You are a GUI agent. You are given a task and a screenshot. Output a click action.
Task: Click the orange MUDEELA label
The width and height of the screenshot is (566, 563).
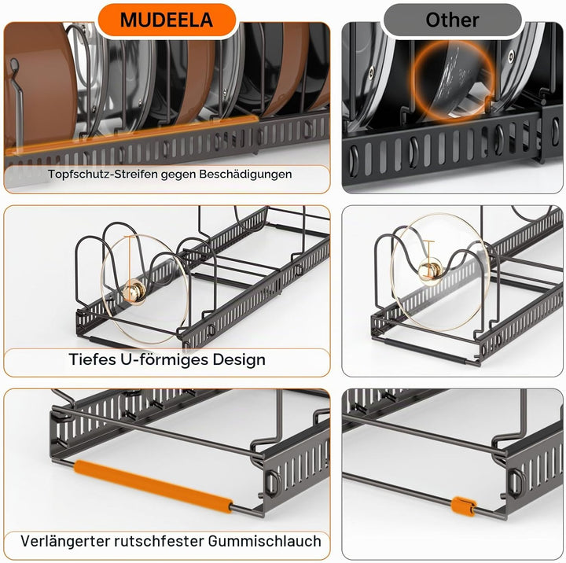pos(167,20)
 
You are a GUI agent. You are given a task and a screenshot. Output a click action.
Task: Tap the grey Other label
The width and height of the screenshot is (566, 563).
pos(452,20)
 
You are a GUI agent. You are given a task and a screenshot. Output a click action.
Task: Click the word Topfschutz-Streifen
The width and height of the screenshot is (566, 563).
pos(102,174)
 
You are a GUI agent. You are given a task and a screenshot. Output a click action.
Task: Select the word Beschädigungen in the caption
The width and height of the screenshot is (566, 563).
pos(245,174)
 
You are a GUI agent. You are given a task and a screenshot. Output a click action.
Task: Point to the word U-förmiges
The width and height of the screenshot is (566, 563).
pos(164,359)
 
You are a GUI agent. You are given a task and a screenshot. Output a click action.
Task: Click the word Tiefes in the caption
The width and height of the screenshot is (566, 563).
pos(92,359)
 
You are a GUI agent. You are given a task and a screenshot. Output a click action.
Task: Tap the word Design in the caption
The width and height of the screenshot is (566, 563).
pos(239,359)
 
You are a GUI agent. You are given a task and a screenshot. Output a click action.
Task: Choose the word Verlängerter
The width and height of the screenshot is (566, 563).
pos(65,541)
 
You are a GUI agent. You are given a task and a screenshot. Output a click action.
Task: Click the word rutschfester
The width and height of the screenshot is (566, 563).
pos(159,541)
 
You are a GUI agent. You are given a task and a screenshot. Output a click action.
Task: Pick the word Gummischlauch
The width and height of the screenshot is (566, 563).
pos(265,541)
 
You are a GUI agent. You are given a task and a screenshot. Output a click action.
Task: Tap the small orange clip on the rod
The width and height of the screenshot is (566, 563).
pos(464,506)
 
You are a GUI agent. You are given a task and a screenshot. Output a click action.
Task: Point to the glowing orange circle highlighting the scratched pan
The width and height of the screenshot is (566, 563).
pos(453,80)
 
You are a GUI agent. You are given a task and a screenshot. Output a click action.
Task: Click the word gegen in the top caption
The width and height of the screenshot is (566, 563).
pos(178,175)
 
